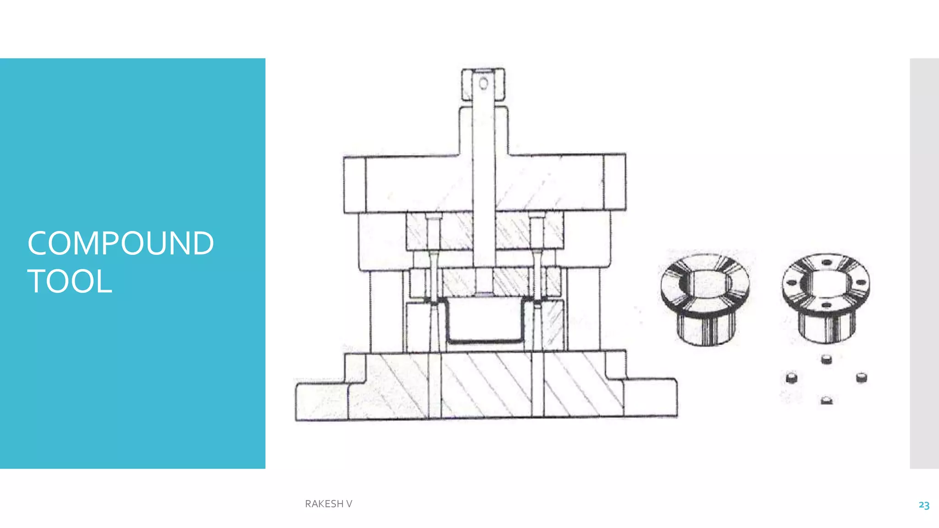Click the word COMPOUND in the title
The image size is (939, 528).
[x=121, y=243]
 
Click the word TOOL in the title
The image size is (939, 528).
[x=70, y=281]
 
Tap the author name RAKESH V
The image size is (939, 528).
[x=328, y=504]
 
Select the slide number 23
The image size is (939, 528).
[x=923, y=505]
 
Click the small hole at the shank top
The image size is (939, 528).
[x=483, y=83]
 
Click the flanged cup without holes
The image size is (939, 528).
[x=705, y=298]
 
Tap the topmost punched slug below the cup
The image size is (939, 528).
[x=826, y=358]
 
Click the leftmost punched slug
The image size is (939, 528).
[x=791, y=378]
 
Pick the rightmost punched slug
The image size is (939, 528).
[x=861, y=378]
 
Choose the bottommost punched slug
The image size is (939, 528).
[x=826, y=400]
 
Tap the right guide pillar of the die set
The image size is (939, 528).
[x=583, y=312]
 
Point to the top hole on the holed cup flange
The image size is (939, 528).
[x=826, y=263]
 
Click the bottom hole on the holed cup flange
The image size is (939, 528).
[x=826, y=305]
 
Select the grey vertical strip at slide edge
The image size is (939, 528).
[x=924, y=263]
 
